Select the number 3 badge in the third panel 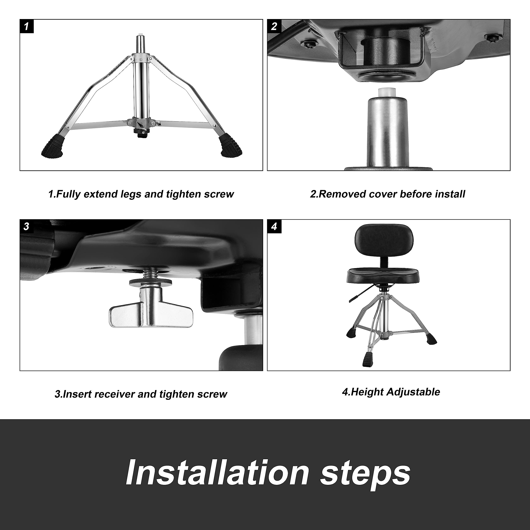coord(27,226)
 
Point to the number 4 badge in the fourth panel coord(274,226)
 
